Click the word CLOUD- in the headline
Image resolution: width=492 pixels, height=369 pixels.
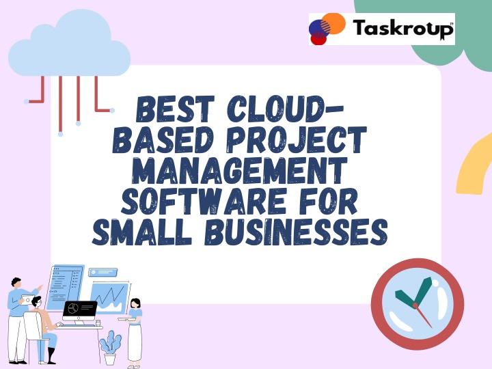(286, 109)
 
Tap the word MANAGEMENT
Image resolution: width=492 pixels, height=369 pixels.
(240, 170)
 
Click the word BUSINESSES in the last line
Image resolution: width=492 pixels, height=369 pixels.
(296, 232)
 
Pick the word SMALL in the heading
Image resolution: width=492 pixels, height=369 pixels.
(142, 232)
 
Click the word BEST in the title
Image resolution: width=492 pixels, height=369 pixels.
(176, 109)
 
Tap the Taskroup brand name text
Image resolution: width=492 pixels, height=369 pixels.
(403, 28)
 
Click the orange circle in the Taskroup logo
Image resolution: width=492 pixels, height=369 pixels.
(334, 23)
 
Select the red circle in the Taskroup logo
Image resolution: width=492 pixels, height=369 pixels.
(318, 39)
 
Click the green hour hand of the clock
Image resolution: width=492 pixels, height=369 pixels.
(405, 298)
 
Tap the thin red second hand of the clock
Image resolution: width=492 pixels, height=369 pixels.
(424, 316)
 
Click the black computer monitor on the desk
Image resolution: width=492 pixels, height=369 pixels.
(80, 310)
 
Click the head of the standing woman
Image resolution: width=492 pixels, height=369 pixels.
(135, 303)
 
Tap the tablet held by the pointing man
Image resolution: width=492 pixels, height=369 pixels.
(27, 300)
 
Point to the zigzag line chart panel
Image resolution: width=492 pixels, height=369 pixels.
(110, 298)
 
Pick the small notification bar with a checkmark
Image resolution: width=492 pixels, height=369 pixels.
(103, 272)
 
